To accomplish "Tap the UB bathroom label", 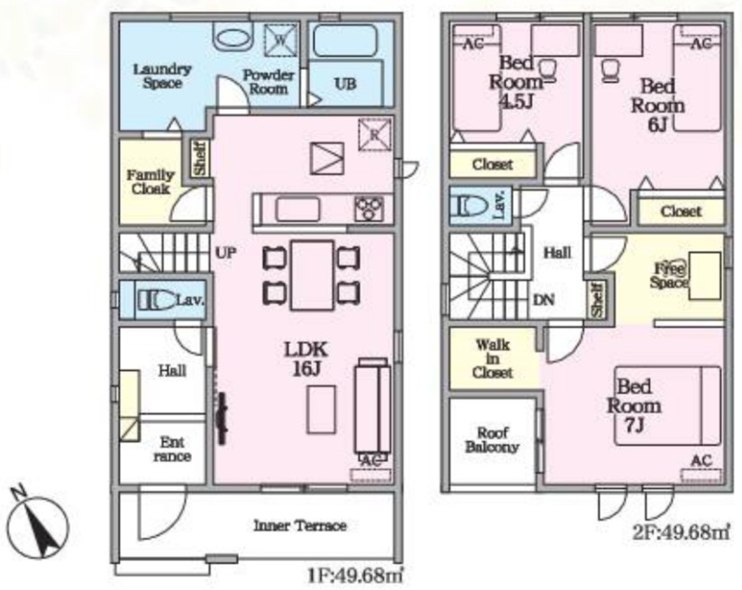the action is pyautogui.click(x=345, y=84).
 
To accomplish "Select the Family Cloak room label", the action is pyautogui.click(x=150, y=182).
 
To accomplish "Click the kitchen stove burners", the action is pyautogui.click(x=369, y=208).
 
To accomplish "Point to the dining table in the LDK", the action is pyautogui.click(x=312, y=275).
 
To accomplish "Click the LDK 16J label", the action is pyautogui.click(x=307, y=359).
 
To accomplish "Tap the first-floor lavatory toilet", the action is pyautogui.click(x=156, y=300).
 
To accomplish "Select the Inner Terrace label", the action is pyautogui.click(x=300, y=526).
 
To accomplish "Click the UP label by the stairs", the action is pyautogui.click(x=225, y=253).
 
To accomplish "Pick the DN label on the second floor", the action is pyautogui.click(x=544, y=299).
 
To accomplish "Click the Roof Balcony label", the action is pyautogui.click(x=492, y=440).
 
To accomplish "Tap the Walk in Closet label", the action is pyautogui.click(x=492, y=359).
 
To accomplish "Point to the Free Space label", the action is pyautogui.click(x=668, y=276).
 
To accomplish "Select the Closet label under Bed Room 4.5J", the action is pyautogui.click(x=492, y=165).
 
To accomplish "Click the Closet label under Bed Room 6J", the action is pyautogui.click(x=681, y=211).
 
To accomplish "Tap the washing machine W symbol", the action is pyautogui.click(x=279, y=41).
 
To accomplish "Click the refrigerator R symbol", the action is pyautogui.click(x=374, y=135).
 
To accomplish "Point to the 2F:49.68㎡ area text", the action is pyautogui.click(x=681, y=532).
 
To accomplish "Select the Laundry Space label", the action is pyautogui.click(x=162, y=76).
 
